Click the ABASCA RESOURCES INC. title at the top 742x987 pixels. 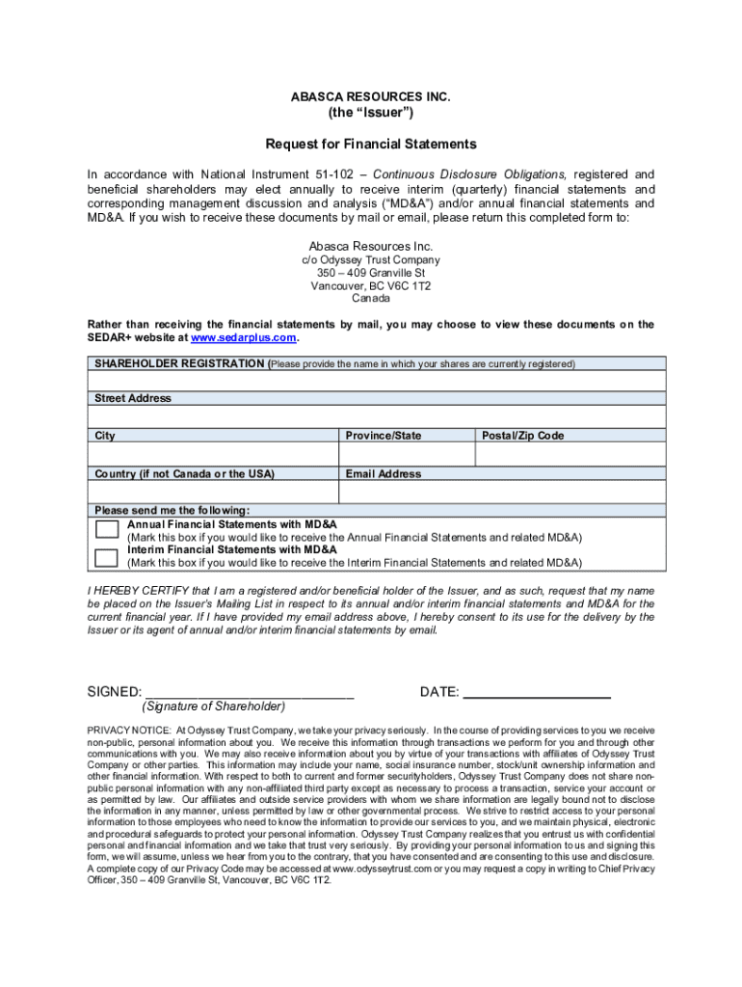[371, 97]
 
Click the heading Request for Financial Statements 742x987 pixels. [371, 145]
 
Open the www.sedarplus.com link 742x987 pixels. [244, 338]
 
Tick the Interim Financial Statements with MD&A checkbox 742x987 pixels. [106, 557]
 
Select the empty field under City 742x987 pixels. [213, 454]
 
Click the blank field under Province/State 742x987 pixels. [406, 454]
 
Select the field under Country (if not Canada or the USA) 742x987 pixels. [213, 492]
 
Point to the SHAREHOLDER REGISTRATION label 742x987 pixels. [179, 364]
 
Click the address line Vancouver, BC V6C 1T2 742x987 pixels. [371, 286]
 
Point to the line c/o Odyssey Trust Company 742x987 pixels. [371, 260]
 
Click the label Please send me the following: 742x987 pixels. [172, 510]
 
